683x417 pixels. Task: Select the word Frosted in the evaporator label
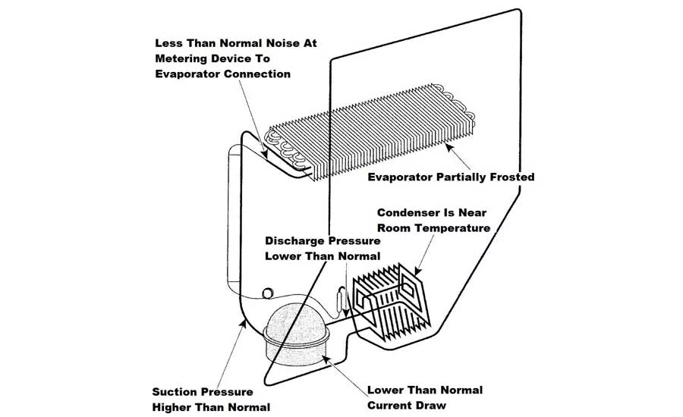[512, 177]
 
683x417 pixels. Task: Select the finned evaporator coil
[370, 131]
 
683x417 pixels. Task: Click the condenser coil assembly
[391, 301]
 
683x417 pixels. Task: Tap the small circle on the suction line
[268, 293]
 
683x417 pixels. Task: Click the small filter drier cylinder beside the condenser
[341, 300]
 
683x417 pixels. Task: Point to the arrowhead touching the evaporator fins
[449, 148]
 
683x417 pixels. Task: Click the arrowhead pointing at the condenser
[417, 271]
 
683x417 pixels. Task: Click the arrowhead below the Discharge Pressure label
[345, 312]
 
